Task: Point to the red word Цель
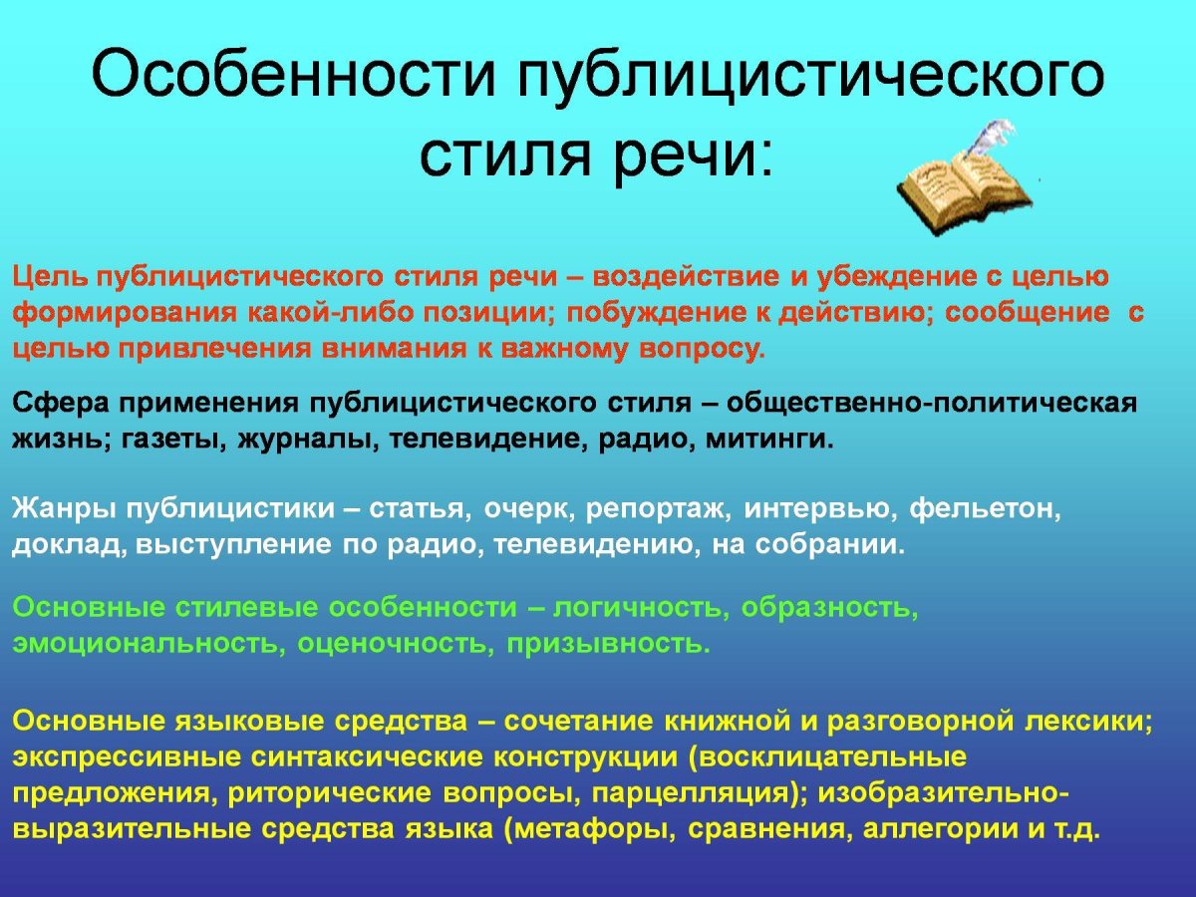click(50, 275)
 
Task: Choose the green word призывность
click(609, 643)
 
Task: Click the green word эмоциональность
click(149, 643)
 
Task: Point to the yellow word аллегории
click(928, 829)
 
